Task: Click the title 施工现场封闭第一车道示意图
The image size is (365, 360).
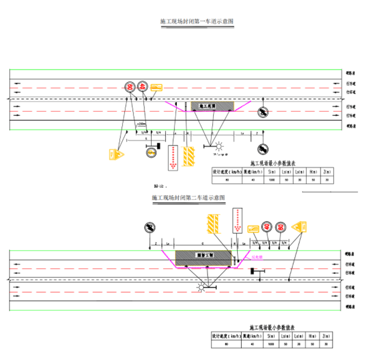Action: pyautogui.click(x=197, y=21)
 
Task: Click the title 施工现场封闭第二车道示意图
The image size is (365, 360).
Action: pyautogui.click(x=189, y=197)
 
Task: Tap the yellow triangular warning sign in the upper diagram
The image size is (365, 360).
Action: pyautogui.click(x=117, y=153)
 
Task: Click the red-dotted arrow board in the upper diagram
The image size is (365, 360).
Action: pyautogui.click(x=172, y=157)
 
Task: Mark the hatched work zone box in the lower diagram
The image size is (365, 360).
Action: pyautogui.click(x=203, y=257)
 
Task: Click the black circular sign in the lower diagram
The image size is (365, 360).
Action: pyautogui.click(x=149, y=227)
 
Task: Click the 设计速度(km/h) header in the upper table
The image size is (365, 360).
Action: pyautogui.click(x=225, y=171)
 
